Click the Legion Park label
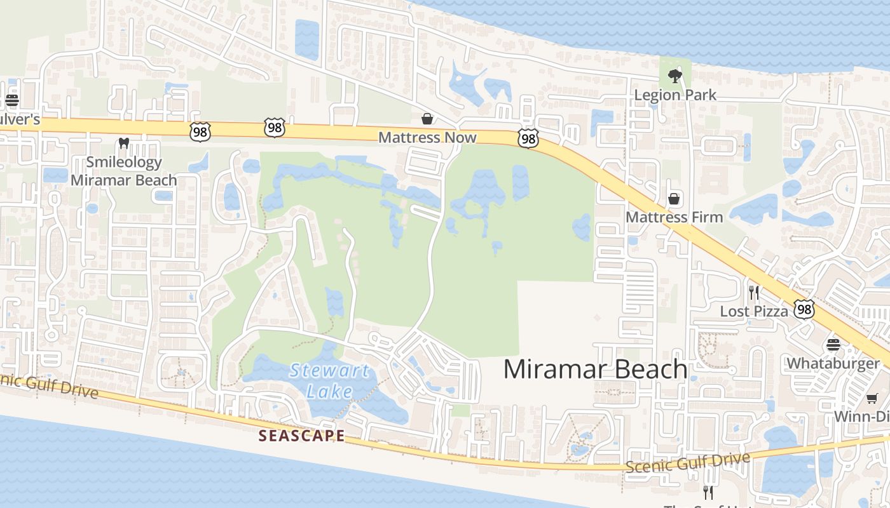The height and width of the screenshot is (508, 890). click(x=675, y=95)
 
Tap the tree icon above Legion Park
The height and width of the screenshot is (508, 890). click(x=674, y=77)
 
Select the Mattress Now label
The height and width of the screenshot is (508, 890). click(x=427, y=137)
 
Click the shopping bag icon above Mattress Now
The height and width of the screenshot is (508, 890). click(x=427, y=119)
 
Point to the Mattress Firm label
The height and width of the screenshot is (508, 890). click(x=674, y=217)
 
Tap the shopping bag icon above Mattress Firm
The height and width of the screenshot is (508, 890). click(x=674, y=199)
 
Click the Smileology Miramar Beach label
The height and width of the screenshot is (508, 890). click(x=124, y=171)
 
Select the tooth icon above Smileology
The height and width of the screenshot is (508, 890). click(x=124, y=144)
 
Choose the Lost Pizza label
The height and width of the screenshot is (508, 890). click(x=753, y=311)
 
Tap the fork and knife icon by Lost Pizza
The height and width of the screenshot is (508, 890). click(x=754, y=292)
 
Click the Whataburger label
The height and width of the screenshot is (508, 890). click(x=833, y=363)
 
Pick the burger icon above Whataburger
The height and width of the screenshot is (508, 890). click(x=833, y=345)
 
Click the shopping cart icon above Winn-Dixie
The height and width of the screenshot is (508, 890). click(x=872, y=398)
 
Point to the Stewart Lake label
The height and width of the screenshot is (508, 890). click(x=329, y=380)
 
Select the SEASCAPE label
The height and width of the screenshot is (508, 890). click(x=302, y=436)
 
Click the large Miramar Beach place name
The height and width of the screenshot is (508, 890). click(x=595, y=369)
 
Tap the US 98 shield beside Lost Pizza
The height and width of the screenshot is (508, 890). click(x=804, y=309)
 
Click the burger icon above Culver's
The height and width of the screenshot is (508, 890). click(x=11, y=100)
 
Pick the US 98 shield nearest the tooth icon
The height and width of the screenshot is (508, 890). click(x=200, y=131)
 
